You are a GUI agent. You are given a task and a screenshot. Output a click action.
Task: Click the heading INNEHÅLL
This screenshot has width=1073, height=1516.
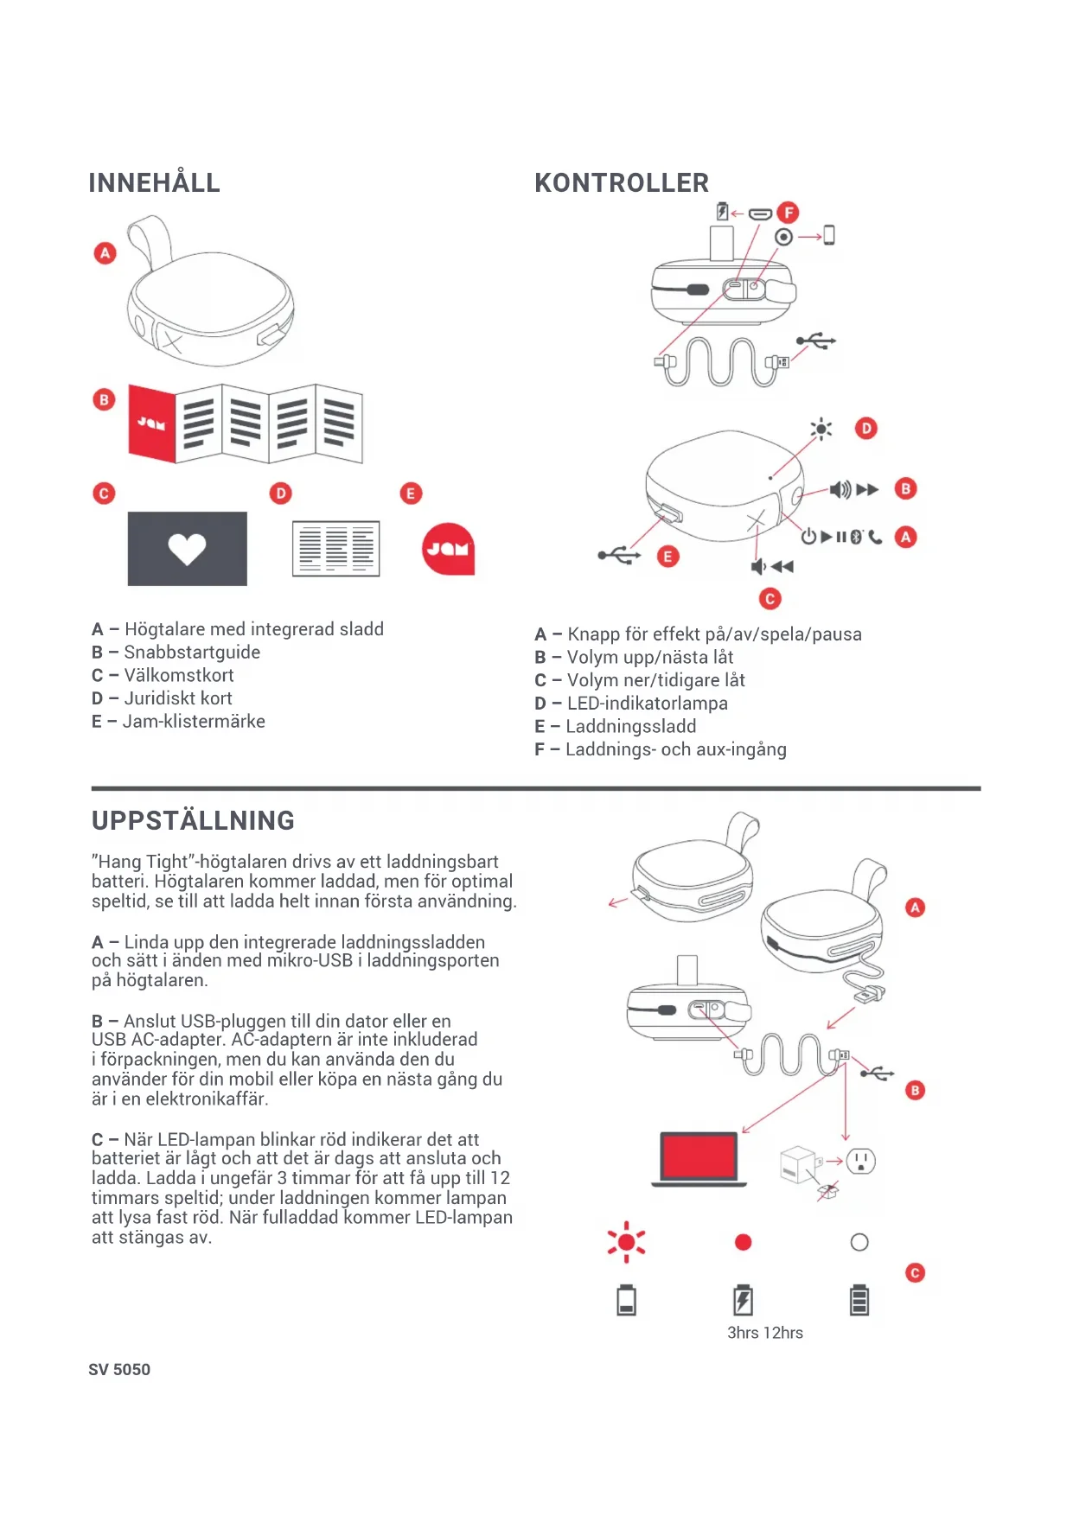pyautogui.click(x=154, y=183)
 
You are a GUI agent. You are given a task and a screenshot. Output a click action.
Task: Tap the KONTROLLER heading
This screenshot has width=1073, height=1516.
pyautogui.click(x=621, y=183)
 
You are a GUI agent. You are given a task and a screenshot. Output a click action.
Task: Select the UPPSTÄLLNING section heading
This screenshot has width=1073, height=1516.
pyautogui.click(x=193, y=820)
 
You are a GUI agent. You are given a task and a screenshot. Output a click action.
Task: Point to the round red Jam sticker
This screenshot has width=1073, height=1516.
pyautogui.click(x=448, y=549)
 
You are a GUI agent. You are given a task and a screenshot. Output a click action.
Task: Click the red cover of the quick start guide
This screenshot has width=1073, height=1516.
pyautogui.click(x=152, y=424)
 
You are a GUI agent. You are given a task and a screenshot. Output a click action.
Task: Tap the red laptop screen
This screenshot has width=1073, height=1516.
pyautogui.click(x=699, y=1156)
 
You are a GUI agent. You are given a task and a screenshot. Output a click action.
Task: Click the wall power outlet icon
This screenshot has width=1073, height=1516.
pyautogui.click(x=860, y=1161)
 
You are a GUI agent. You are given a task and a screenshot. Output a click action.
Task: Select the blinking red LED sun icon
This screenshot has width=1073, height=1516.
pyautogui.click(x=626, y=1243)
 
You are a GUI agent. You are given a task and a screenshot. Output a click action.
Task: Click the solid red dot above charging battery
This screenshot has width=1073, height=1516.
pyautogui.click(x=743, y=1243)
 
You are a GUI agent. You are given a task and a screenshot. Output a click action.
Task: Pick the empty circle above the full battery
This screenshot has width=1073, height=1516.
pyautogui.click(x=859, y=1243)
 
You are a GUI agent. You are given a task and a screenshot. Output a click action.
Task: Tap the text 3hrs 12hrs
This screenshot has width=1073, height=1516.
pyautogui.click(x=764, y=1333)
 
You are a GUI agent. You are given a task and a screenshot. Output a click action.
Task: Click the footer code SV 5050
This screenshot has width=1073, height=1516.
pyautogui.click(x=119, y=1370)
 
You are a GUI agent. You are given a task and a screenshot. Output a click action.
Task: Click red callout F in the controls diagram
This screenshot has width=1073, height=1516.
pyautogui.click(x=788, y=213)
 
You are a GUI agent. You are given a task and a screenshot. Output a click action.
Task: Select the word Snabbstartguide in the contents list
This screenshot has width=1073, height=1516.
pyautogui.click(x=192, y=653)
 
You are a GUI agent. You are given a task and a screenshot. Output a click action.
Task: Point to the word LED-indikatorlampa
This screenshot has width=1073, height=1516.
pyautogui.click(x=647, y=704)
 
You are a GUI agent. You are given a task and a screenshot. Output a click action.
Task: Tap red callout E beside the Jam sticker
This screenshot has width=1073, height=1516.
pyautogui.click(x=411, y=494)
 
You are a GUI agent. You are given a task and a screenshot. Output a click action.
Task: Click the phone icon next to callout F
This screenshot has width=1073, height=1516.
pyautogui.click(x=829, y=235)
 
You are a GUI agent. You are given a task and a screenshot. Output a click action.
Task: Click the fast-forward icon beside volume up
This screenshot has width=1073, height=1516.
pyautogui.click(x=867, y=490)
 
